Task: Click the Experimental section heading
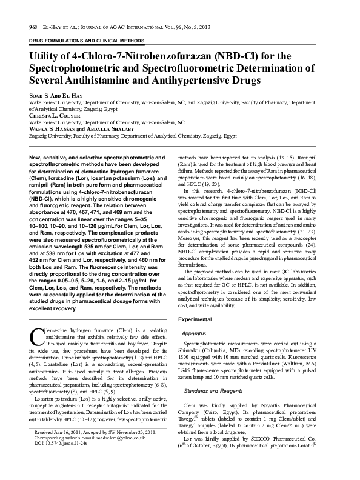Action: tap(196, 319)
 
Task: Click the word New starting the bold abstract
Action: tap(35, 158)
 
